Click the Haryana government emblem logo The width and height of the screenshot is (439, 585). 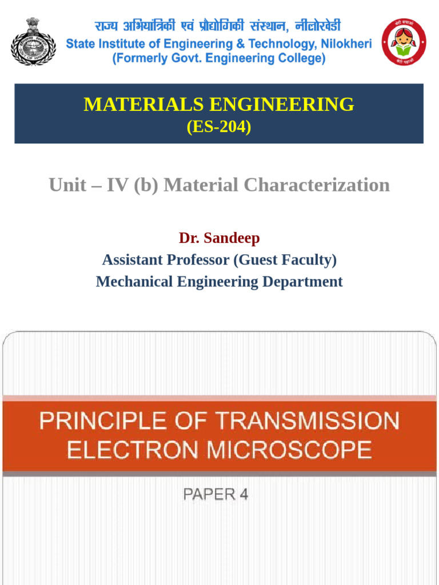(33, 41)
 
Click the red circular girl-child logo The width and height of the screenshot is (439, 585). (404, 41)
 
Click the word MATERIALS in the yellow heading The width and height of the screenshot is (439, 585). (143, 105)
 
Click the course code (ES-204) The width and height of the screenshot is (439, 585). (219, 127)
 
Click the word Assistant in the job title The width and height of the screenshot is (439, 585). (133, 260)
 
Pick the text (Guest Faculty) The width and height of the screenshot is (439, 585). (285, 260)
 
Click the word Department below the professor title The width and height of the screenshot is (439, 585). (302, 282)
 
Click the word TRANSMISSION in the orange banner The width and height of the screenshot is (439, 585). (307, 422)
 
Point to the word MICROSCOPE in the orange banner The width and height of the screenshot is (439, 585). (289, 450)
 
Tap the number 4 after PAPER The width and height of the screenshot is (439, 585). (244, 495)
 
